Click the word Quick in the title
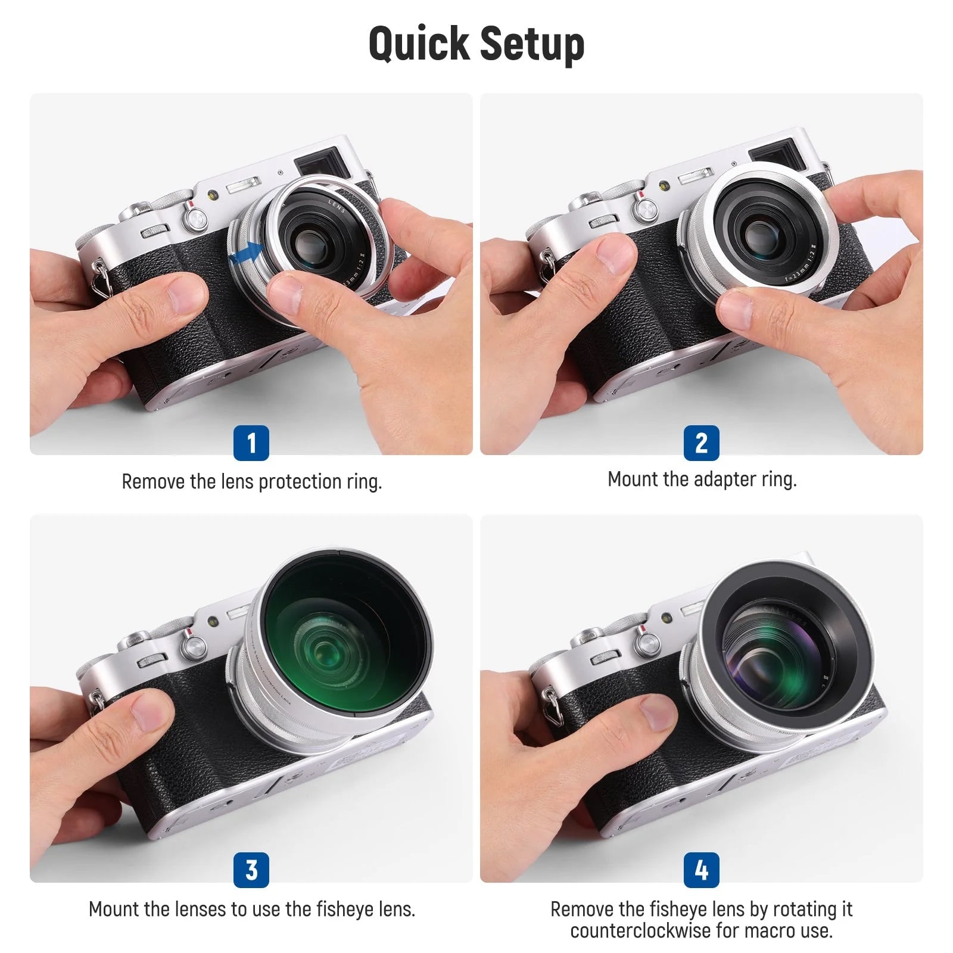419,44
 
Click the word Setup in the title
532,44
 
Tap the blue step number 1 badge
251,443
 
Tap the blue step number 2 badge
702,443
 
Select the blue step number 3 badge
251,870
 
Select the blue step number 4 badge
702,870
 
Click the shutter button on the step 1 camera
194,219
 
